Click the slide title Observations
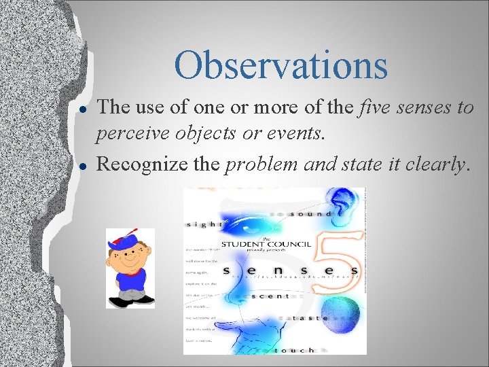click(280, 66)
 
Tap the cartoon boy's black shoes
click(129, 298)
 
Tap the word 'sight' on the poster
click(204, 223)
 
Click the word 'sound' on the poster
click(310, 213)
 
